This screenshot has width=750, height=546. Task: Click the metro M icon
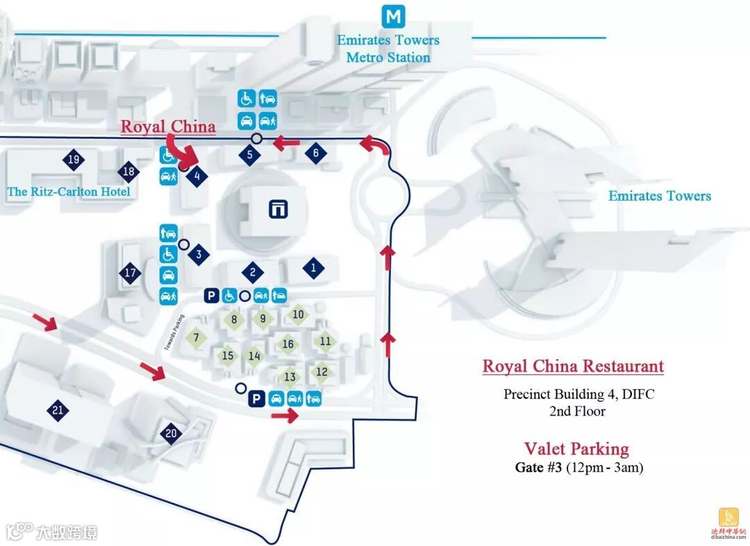(x=394, y=16)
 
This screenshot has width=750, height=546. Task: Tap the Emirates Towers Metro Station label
(x=388, y=49)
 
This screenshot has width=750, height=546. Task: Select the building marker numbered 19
(x=74, y=160)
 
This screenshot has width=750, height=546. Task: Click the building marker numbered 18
(x=128, y=172)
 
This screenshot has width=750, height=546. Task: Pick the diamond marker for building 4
(x=197, y=176)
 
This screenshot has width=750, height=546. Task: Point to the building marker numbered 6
(x=315, y=154)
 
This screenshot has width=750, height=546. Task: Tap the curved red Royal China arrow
(x=178, y=149)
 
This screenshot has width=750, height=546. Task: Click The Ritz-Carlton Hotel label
(x=69, y=191)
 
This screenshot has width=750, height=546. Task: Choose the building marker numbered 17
(x=130, y=273)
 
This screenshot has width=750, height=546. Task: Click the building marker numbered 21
(x=58, y=411)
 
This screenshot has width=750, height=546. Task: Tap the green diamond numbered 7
(x=197, y=338)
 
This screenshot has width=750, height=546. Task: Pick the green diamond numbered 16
(x=288, y=344)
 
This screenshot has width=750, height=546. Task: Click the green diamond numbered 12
(x=322, y=372)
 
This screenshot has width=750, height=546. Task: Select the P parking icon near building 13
(x=256, y=399)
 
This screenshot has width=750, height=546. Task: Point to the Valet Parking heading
(x=576, y=449)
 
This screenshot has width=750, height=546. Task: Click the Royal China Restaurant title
(x=573, y=366)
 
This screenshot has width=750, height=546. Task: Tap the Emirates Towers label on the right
(x=660, y=196)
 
